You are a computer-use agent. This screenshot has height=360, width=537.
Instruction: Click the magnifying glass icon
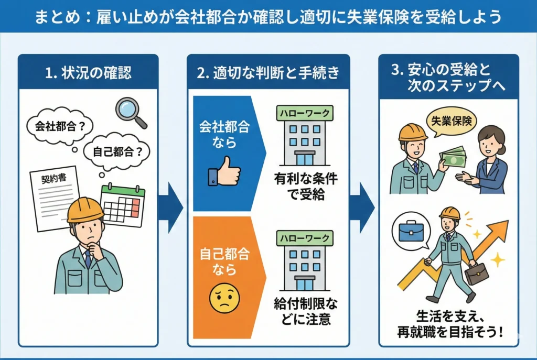(x=130, y=112)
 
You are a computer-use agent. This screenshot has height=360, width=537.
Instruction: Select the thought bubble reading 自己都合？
(x=117, y=152)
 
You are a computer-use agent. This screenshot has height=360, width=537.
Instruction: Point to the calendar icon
(x=123, y=205)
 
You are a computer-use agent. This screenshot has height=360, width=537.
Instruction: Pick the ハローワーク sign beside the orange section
(x=305, y=238)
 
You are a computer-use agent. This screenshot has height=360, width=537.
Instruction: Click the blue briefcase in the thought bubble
(x=411, y=230)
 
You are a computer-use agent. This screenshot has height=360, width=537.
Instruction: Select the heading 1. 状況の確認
(x=88, y=72)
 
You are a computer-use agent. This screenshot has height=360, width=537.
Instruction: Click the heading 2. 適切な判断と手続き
(x=268, y=72)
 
